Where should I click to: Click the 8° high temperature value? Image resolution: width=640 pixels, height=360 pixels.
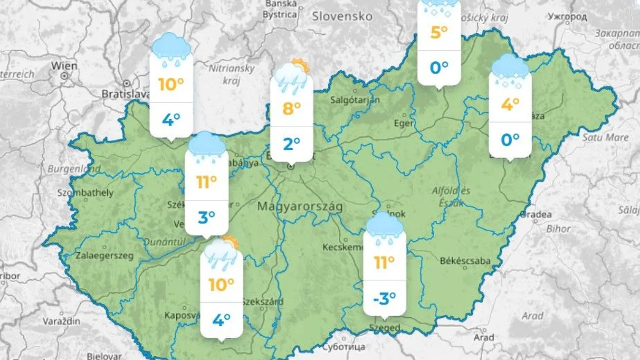tap(291, 109)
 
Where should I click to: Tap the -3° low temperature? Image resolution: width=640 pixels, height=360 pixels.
tap(384, 298)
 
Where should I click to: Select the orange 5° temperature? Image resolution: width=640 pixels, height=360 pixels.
tap(439, 32)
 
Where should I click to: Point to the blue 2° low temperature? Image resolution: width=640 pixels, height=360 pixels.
tap(291, 143)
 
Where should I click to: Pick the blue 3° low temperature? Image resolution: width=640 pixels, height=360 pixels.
tap(206, 218)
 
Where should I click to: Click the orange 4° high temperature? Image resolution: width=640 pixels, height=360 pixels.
tap(510, 104)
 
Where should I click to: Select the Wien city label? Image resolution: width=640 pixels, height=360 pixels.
tap(64, 66)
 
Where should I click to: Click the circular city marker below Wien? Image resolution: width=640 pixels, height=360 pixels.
tap(64, 76)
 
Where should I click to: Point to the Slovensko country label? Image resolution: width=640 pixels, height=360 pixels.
tap(342, 16)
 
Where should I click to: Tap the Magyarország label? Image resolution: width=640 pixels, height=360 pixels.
tap(300, 207)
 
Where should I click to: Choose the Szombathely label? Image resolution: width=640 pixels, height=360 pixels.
tap(86, 193)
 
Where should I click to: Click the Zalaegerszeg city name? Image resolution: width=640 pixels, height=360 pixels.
tap(105, 256)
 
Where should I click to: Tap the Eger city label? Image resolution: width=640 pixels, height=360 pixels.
tap(404, 123)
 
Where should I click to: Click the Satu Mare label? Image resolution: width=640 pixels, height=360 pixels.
tap(605, 138)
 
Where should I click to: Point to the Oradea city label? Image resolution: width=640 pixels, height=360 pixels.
tap(536, 214)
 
